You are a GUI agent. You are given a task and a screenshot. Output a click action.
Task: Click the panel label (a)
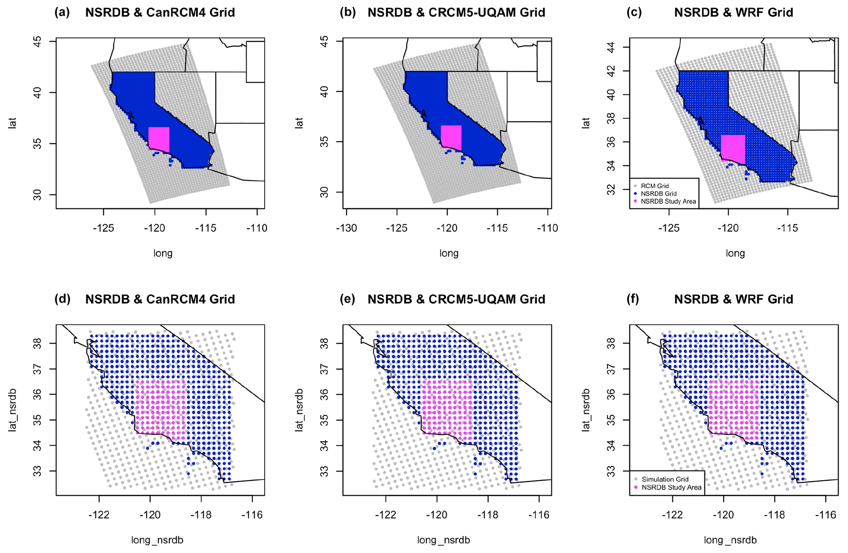pyautogui.click(x=62, y=12)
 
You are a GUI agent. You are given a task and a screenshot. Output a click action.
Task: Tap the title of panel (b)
pyautogui.click(x=456, y=12)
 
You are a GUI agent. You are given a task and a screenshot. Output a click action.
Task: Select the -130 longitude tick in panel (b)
pyautogui.click(x=346, y=228)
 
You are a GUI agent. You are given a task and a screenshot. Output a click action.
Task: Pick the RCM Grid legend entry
pyautogui.click(x=654, y=186)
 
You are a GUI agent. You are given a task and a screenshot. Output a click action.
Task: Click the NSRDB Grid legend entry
pyautogui.click(x=658, y=194)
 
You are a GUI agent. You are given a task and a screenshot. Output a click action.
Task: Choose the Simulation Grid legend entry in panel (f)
pyautogui.click(x=665, y=479)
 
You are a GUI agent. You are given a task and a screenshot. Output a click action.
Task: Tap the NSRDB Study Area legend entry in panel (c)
pyautogui.click(x=668, y=202)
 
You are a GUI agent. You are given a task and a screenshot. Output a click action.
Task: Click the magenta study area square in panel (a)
pyautogui.click(x=159, y=139)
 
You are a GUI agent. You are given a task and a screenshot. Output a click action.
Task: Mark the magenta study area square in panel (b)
pyautogui.click(x=451, y=138)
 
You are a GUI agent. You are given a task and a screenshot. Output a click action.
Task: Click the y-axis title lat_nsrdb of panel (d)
pyautogui.click(x=12, y=409)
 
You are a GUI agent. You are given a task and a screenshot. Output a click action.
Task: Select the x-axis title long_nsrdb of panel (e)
pyautogui.click(x=443, y=540)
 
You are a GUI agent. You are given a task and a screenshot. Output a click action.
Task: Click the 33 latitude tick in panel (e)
pyautogui.click(x=325, y=471)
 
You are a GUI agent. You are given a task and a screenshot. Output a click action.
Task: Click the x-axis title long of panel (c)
pyautogui.click(x=735, y=253)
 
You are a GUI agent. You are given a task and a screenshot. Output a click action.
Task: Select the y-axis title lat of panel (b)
pyautogui.click(x=299, y=123)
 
